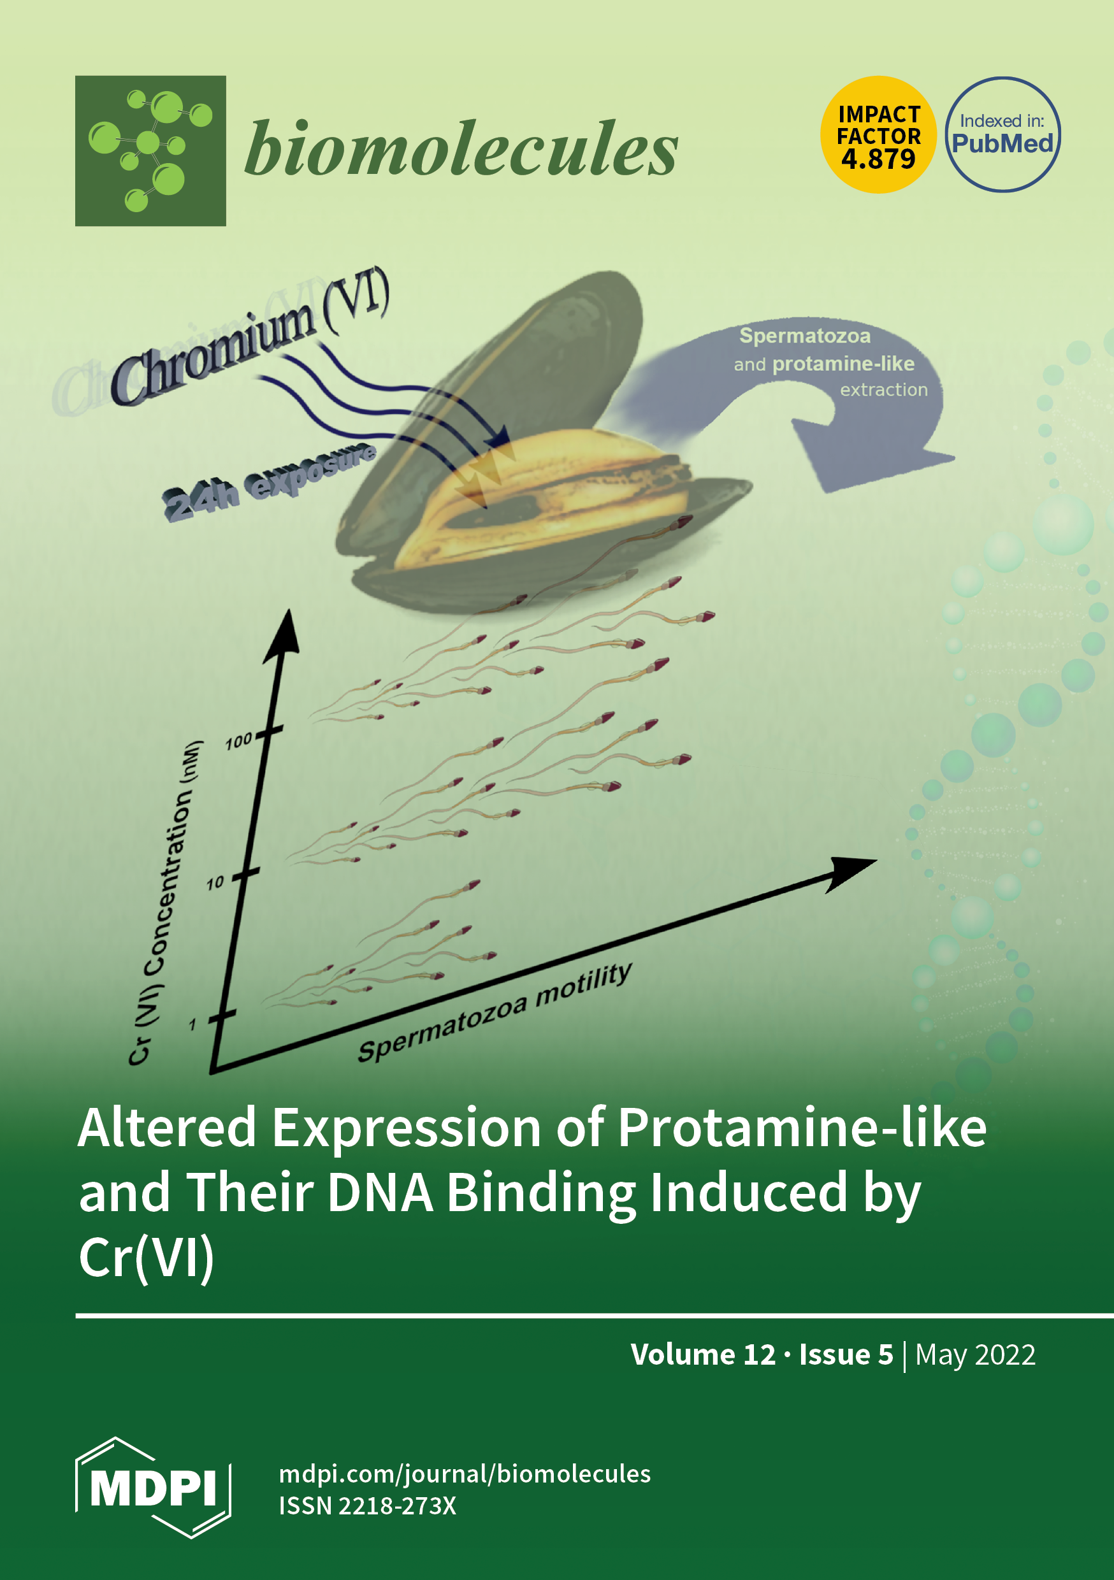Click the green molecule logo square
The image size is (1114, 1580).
click(x=150, y=151)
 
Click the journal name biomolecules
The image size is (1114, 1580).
click(x=461, y=148)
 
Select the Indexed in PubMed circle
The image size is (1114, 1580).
click(x=1002, y=134)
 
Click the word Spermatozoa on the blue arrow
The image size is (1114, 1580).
click(x=804, y=336)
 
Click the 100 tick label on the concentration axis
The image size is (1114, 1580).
click(x=238, y=741)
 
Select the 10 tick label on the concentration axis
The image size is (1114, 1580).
click(x=215, y=882)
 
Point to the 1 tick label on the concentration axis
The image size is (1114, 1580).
click(x=192, y=1024)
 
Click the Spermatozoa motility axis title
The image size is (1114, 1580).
click(x=495, y=1012)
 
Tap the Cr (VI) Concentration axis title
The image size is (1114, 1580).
click(x=166, y=902)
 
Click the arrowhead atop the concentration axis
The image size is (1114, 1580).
click(x=283, y=636)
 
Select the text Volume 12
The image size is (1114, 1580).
click(x=703, y=1354)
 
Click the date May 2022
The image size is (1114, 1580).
click(x=975, y=1355)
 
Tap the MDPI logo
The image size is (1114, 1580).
click(x=153, y=1487)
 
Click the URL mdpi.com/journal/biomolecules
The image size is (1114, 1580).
click(x=465, y=1474)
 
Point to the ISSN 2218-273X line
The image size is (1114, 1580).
click(x=368, y=1506)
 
